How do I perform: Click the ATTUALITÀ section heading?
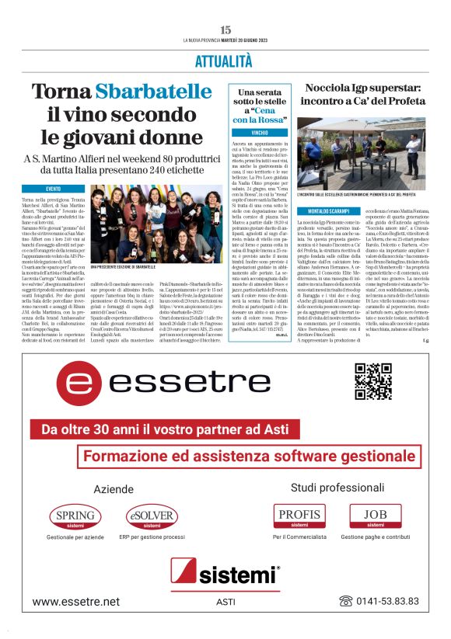click(x=226, y=60)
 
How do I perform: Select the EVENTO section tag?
click(x=54, y=189)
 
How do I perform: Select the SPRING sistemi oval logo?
click(x=75, y=495)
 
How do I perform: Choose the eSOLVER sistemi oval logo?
click(x=152, y=495)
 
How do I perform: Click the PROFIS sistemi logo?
click(x=299, y=495)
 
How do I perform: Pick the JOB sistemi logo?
click(x=376, y=495)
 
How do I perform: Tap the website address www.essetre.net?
click(x=76, y=601)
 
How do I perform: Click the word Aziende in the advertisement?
click(x=114, y=467)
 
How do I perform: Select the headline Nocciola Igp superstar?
click(x=362, y=94)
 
